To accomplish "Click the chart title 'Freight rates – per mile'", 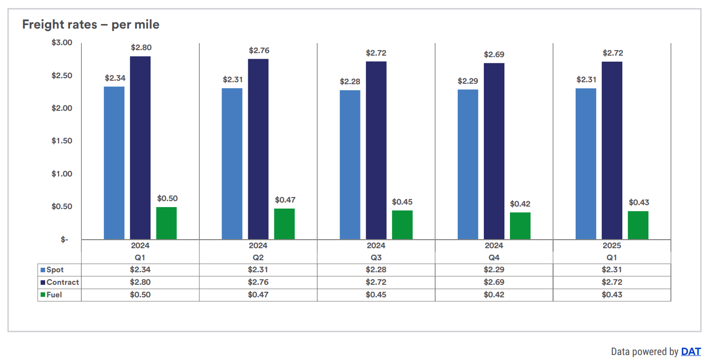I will coord(91,24).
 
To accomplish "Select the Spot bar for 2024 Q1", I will coord(114,163).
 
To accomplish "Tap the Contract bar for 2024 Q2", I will coord(258,149).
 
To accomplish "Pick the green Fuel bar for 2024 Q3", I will coord(402,225).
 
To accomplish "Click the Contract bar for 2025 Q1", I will coord(612,150).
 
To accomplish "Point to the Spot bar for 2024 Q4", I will coord(468,164).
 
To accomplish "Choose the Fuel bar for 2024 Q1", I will coord(166,223).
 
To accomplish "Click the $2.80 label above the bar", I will coord(141,48).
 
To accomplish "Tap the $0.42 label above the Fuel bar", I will coord(520,204).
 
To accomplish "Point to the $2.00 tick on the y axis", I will coord(62,108).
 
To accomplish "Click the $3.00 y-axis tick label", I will coord(62,43).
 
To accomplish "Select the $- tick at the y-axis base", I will coord(65,240).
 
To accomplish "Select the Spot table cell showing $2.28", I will coord(376,270).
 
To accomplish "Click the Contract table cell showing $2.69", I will coord(494,282).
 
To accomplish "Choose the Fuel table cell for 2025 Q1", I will coord(612,295).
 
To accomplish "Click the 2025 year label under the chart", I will coord(612,246).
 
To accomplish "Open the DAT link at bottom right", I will coord(690,351).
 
